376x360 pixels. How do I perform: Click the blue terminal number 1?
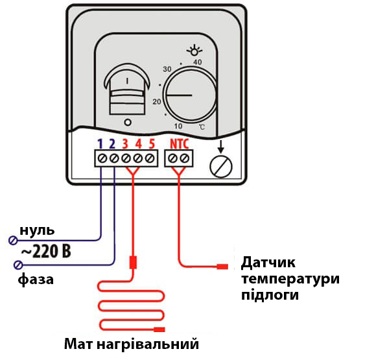click(100, 143)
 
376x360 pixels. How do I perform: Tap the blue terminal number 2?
click(112, 143)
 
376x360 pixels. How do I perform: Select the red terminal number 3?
click(125, 143)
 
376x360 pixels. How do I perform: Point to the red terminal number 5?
click(152, 143)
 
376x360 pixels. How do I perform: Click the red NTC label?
click(180, 143)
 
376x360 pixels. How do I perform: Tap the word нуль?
click(37, 230)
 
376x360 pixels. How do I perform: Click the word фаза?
click(36, 280)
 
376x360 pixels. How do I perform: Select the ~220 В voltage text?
click(46, 251)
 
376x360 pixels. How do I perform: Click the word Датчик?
click(268, 263)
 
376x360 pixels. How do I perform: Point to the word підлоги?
click(270, 295)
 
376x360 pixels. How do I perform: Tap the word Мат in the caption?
click(78, 344)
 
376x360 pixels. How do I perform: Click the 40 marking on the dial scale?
click(197, 62)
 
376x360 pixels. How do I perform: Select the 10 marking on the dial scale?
click(178, 126)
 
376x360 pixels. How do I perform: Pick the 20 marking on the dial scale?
click(157, 102)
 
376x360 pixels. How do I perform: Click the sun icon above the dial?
click(194, 51)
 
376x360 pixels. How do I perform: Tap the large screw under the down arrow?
click(221, 167)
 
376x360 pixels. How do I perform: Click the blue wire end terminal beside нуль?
click(13, 240)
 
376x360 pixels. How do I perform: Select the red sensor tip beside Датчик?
click(222, 267)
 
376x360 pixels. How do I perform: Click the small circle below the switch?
click(128, 123)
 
